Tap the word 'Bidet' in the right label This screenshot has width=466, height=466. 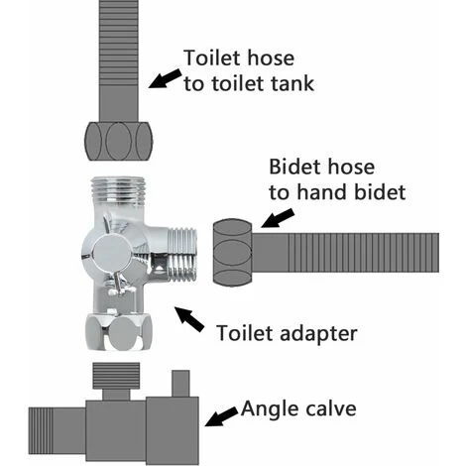[295, 166]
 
